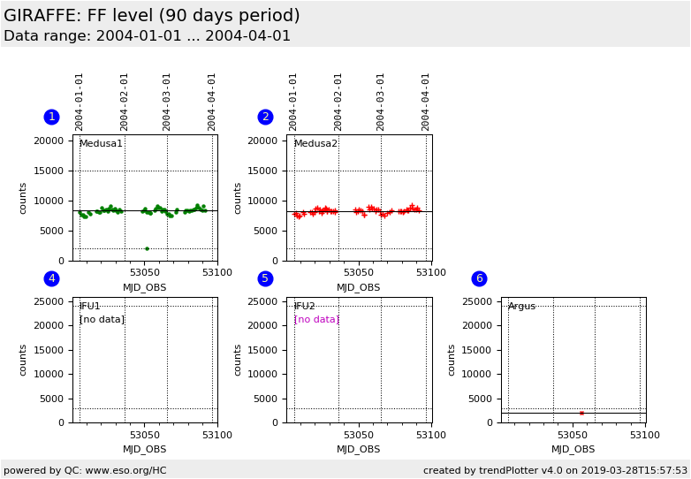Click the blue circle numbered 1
pyautogui.click(x=51, y=117)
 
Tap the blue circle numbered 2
pyautogui.click(x=265, y=117)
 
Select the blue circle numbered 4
pyautogui.click(x=51, y=278)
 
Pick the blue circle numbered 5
pyautogui.click(x=265, y=278)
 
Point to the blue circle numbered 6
pyautogui.click(x=479, y=278)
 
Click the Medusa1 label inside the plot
pyautogui.click(x=101, y=144)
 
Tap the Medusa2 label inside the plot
pyautogui.click(x=315, y=144)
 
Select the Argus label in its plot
pyautogui.click(x=521, y=307)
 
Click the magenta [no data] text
pyautogui.click(x=316, y=320)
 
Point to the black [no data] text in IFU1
pyautogui.click(x=102, y=320)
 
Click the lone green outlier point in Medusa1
pyautogui.click(x=147, y=248)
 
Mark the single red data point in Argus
pyautogui.click(x=581, y=413)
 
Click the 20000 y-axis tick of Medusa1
pyautogui.click(x=49, y=141)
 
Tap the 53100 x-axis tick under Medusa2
pyautogui.click(x=431, y=273)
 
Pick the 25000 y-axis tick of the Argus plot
pyautogui.click(x=477, y=301)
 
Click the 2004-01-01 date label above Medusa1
pyautogui.click(x=80, y=102)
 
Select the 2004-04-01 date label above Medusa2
pyautogui.click(x=426, y=102)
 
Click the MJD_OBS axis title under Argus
pyautogui.click(x=573, y=449)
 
